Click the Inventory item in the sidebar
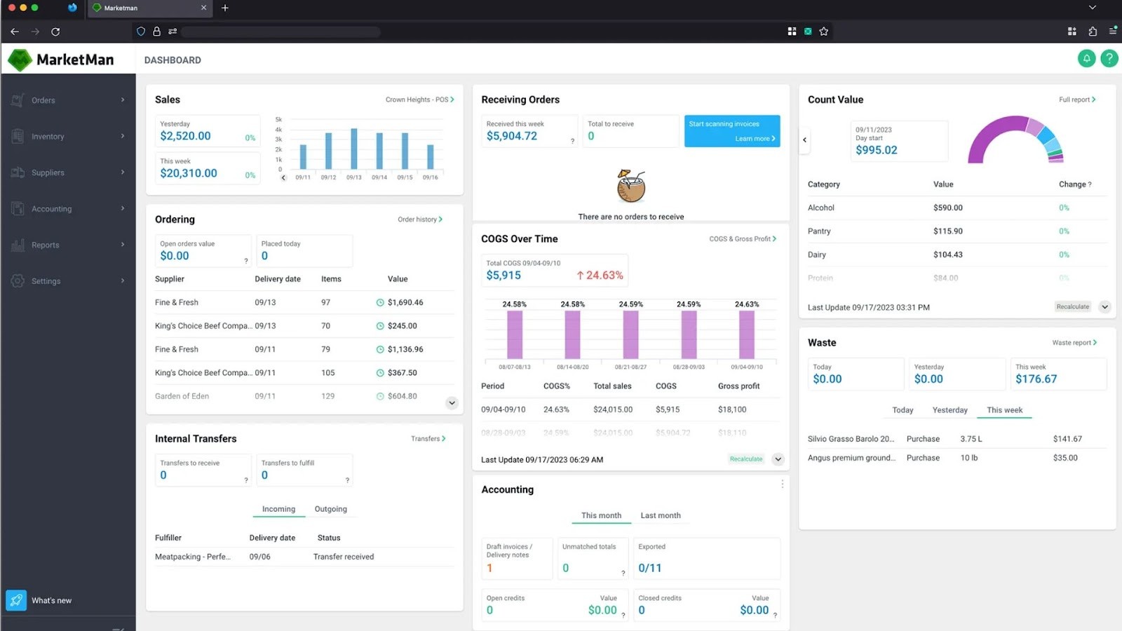(48, 137)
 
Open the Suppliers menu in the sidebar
(48, 172)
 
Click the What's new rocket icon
(16, 600)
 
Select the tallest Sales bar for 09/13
(354, 149)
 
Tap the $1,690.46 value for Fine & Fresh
(405, 303)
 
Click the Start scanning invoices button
(731, 130)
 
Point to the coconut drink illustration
(630, 187)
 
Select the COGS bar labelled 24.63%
(747, 335)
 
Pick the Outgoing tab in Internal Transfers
(330, 509)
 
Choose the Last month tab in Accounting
(660, 515)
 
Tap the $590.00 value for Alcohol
(947, 208)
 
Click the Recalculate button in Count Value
(1073, 307)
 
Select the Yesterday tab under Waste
(949, 410)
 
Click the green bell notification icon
(1086, 59)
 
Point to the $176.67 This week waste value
(1036, 379)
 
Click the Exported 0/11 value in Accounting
(649, 568)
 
